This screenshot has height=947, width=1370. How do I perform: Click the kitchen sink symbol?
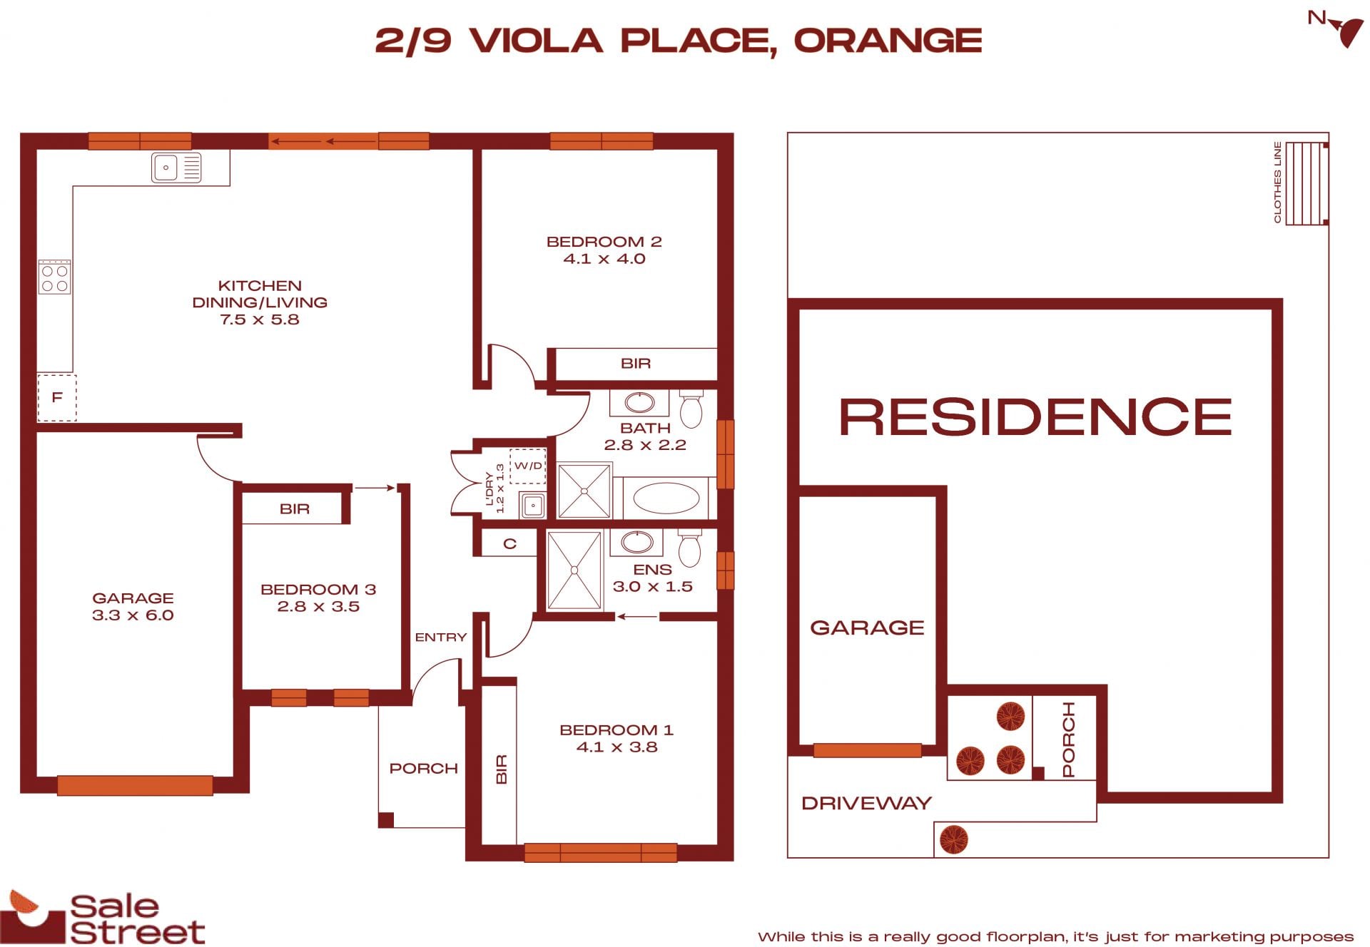click(176, 168)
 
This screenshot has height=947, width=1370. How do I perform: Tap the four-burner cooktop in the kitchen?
click(55, 277)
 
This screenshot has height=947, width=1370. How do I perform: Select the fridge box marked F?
click(57, 397)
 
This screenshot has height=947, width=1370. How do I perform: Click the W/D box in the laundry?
click(528, 466)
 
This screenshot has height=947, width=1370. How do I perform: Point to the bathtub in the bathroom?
click(666, 498)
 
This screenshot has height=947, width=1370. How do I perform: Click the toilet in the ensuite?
click(690, 548)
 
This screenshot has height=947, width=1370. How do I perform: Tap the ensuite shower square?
click(574, 570)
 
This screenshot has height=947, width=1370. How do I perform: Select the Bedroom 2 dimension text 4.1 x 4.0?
click(604, 259)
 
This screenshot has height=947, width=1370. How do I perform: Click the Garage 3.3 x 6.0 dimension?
click(133, 615)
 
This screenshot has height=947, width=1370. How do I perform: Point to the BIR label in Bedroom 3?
click(295, 509)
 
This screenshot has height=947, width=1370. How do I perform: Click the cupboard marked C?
click(509, 544)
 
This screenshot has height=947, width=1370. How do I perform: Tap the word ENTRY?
click(441, 638)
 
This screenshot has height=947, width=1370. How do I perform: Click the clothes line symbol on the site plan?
click(1306, 183)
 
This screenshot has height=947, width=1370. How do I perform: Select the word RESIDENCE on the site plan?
click(1035, 417)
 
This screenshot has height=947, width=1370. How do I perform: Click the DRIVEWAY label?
click(866, 804)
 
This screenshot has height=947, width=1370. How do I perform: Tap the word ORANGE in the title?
click(888, 41)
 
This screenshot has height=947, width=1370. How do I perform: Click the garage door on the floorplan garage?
click(135, 785)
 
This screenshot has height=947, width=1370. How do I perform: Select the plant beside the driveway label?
click(954, 839)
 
